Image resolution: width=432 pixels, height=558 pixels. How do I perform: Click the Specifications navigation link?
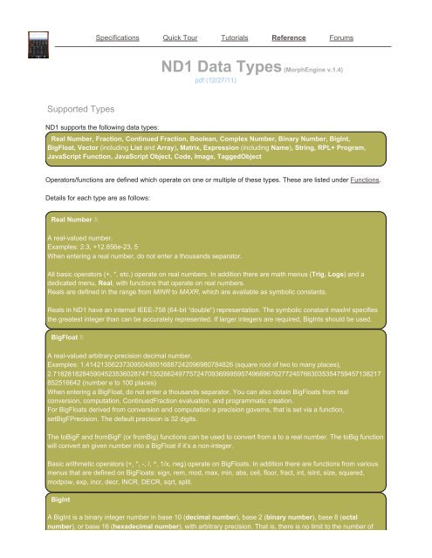tap(122, 38)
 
